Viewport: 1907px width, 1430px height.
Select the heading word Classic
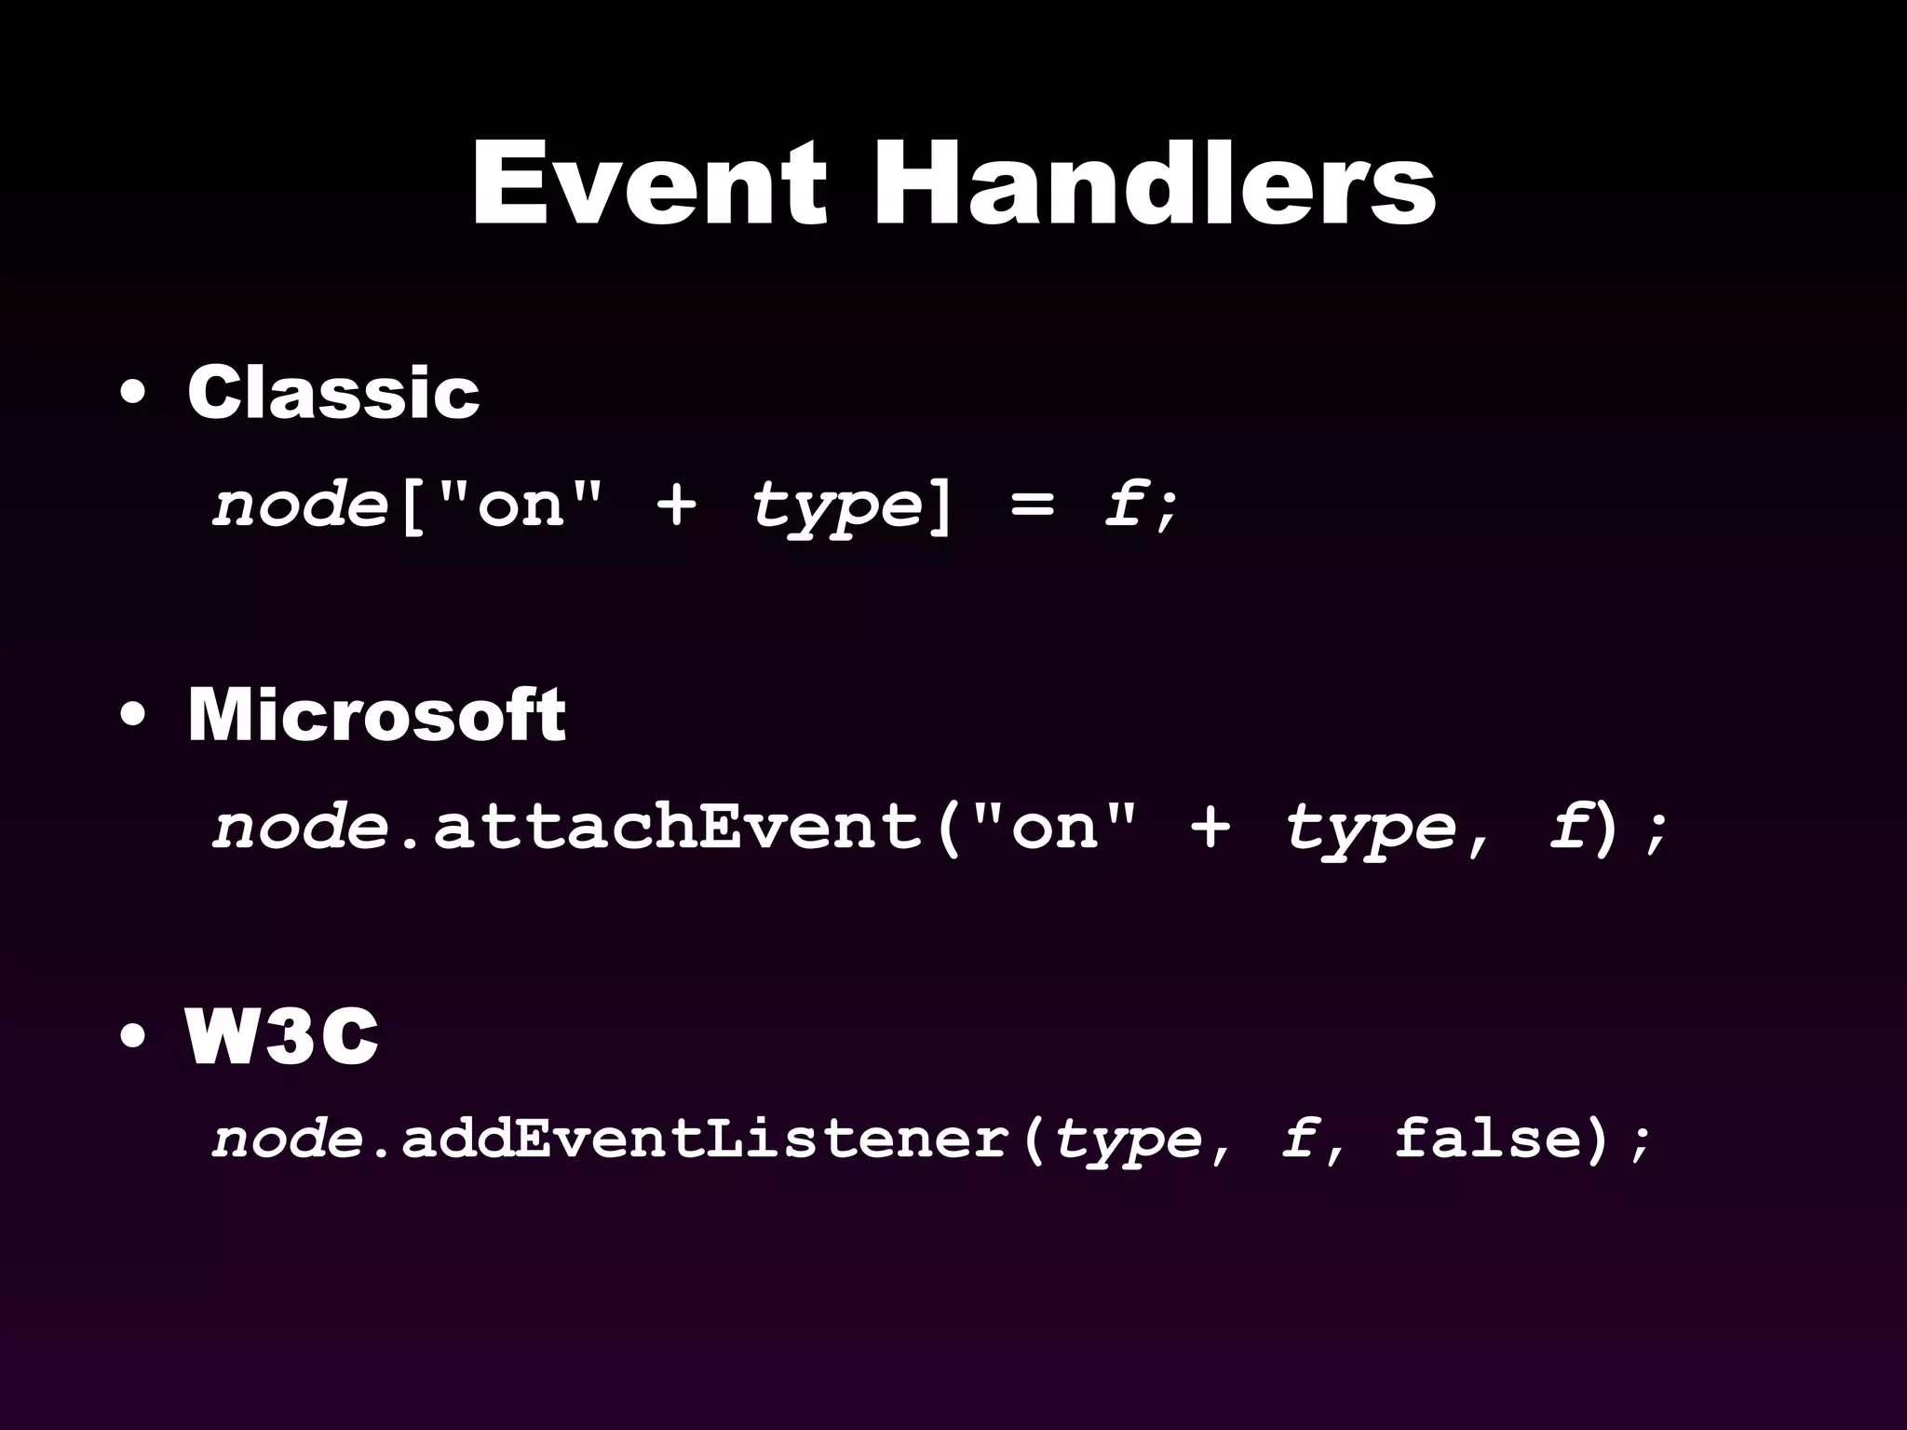pyautogui.click(x=333, y=392)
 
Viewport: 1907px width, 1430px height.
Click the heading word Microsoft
pyautogui.click(x=376, y=715)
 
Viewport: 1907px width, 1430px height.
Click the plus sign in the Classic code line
pyautogui.click(x=676, y=506)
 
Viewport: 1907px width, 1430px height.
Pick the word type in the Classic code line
pyautogui.click(x=836, y=507)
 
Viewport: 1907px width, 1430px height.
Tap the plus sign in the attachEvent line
pyautogui.click(x=1210, y=827)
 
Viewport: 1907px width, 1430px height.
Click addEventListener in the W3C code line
pyautogui.click(x=705, y=1138)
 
